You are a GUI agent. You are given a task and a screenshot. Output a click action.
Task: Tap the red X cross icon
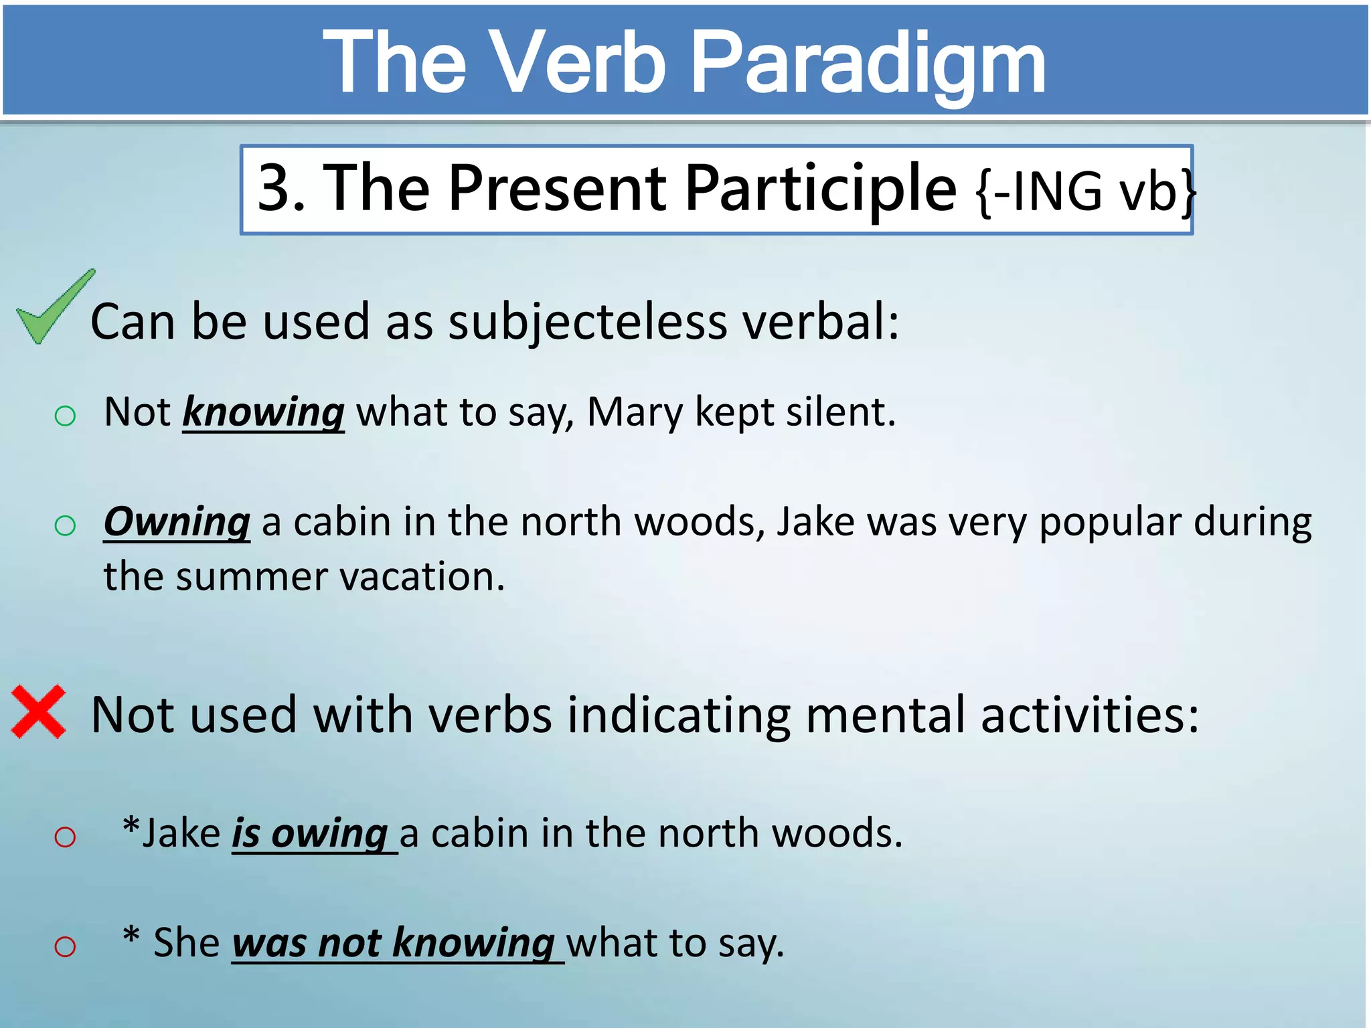pos(39,711)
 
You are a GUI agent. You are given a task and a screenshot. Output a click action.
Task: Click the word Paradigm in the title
pos(868,64)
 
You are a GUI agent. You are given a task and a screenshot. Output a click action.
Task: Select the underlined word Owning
pos(177,521)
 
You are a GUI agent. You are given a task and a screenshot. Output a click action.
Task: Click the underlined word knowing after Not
pos(263,412)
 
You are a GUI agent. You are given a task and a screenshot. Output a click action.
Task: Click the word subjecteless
pos(587,321)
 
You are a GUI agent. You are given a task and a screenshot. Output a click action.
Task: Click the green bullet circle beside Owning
pos(65,526)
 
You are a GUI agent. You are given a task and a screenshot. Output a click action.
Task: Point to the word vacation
pos(422,576)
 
